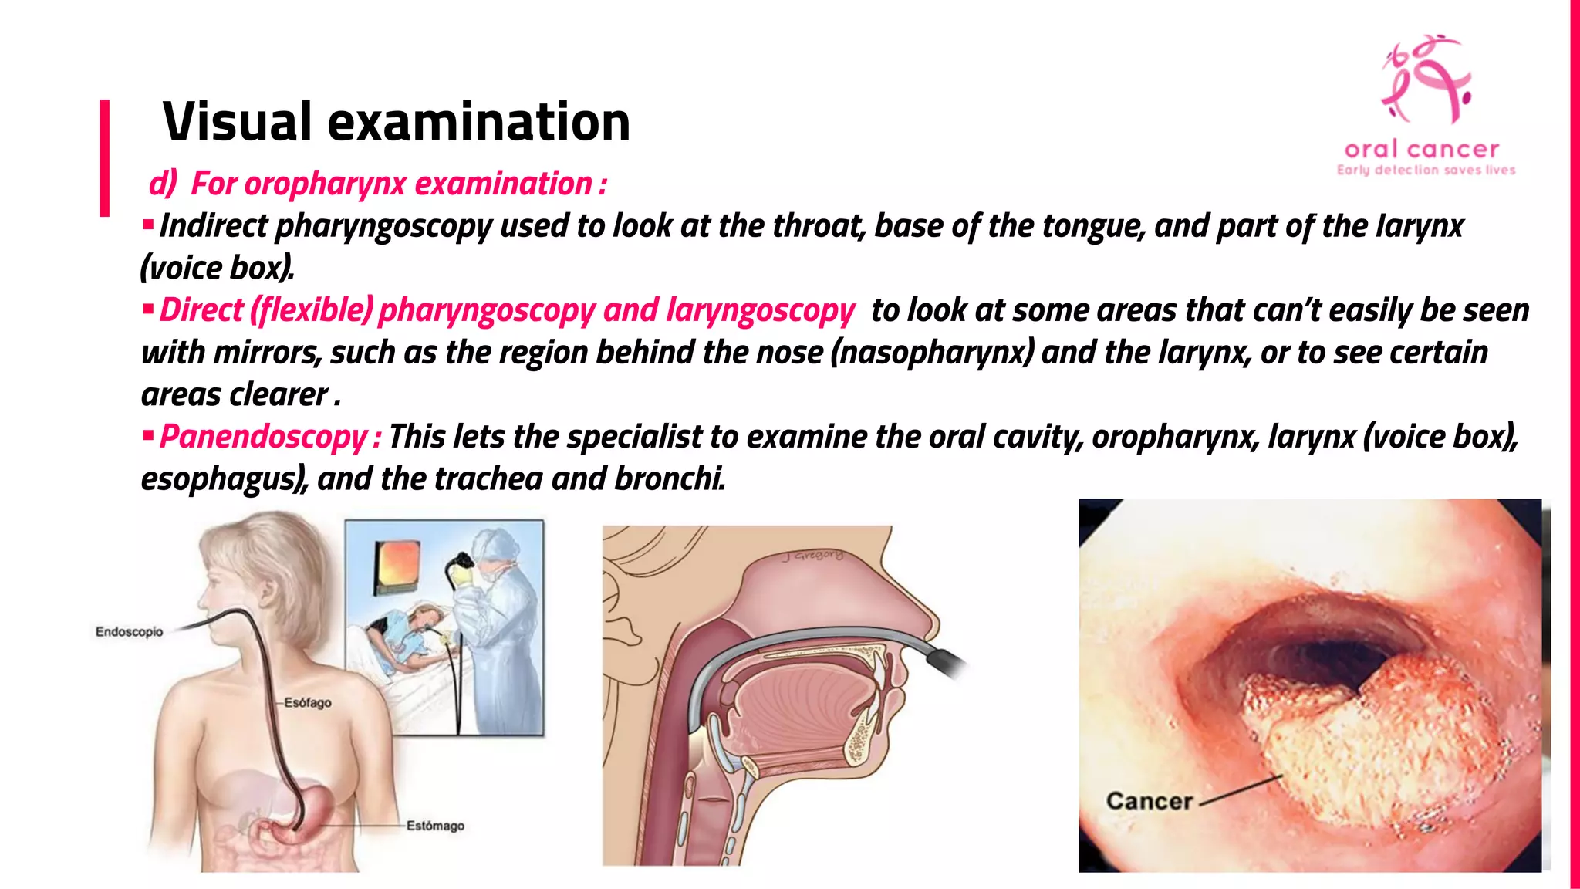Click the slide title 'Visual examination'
click(x=396, y=122)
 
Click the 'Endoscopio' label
click(x=129, y=632)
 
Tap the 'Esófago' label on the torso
click(x=307, y=703)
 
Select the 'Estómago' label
click(x=435, y=826)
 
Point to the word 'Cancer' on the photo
click(x=1149, y=801)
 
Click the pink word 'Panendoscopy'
click(x=263, y=437)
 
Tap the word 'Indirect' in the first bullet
click(x=213, y=226)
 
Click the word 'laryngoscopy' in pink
click(x=760, y=310)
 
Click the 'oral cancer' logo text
click(x=1421, y=150)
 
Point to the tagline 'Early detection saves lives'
click(x=1426, y=170)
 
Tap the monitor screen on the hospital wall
click(x=397, y=565)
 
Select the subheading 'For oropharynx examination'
click(x=390, y=184)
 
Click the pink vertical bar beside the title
click(x=104, y=157)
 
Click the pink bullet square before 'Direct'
click(x=148, y=310)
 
